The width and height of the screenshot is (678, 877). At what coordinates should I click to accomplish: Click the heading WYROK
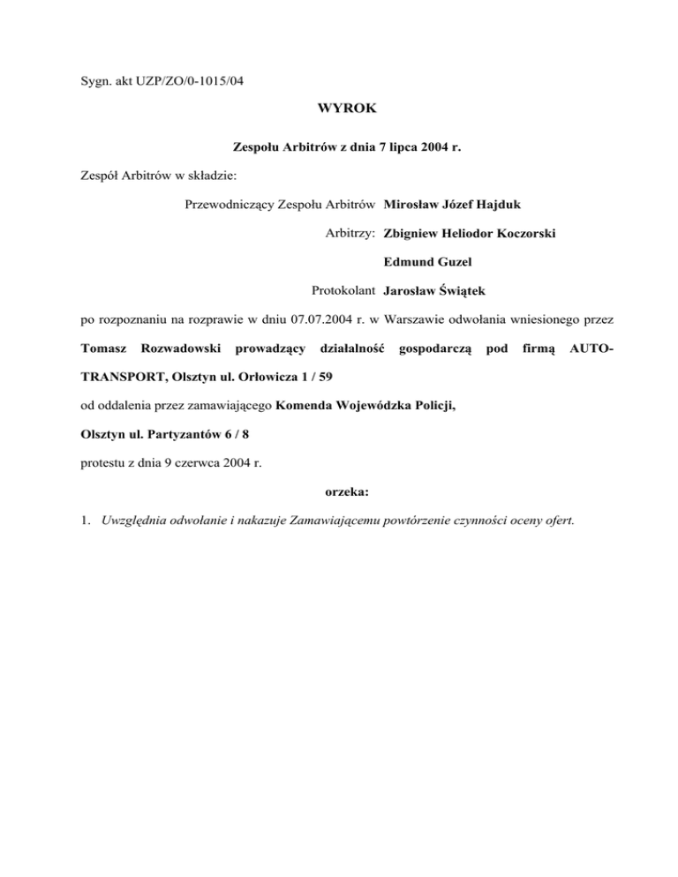pos(339,110)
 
